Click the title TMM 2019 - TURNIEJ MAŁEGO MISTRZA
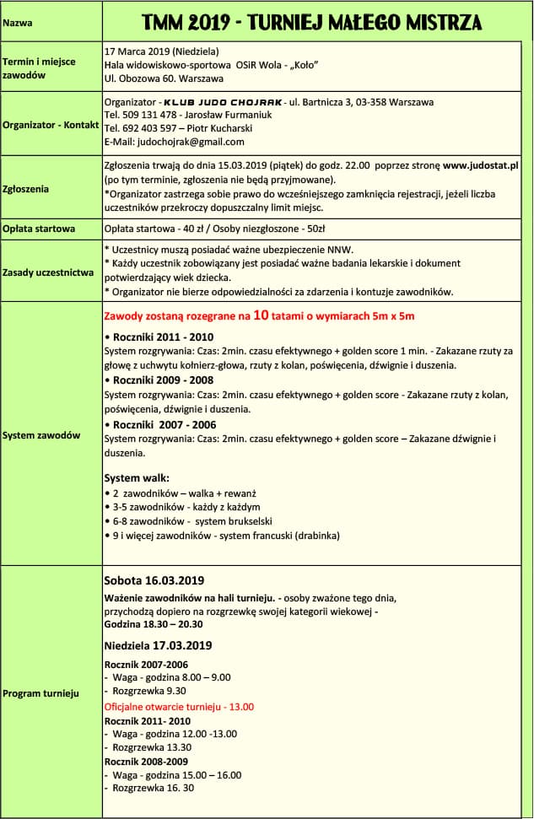pos(312,21)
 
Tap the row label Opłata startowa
pos(39,229)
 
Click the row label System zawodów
pos(41,435)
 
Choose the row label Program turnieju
pos(41,693)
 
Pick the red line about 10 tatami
pos(258,316)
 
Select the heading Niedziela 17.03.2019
pos(158,645)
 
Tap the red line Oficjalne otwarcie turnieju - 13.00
pos(178,707)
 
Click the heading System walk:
pos(137,477)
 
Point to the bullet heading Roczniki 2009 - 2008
pos(163,380)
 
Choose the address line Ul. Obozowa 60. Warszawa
pos(164,78)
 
